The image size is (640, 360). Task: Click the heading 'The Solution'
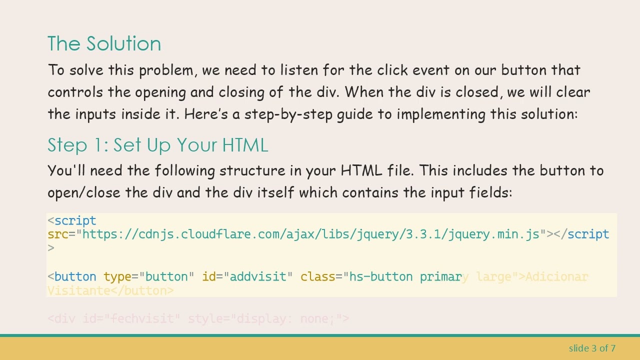tap(104, 44)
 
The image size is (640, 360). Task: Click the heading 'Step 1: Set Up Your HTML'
tap(157, 145)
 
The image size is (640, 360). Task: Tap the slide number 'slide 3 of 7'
tap(592, 348)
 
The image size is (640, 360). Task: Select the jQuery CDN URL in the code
tap(310, 234)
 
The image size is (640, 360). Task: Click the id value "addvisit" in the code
tap(258, 276)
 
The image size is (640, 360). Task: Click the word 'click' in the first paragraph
tap(392, 70)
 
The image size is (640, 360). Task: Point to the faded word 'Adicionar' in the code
tap(556, 276)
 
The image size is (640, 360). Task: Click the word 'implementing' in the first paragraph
tap(441, 114)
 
